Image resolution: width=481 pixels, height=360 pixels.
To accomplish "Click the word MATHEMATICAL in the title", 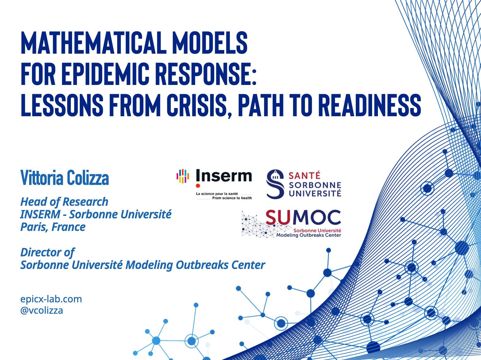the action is [94, 43].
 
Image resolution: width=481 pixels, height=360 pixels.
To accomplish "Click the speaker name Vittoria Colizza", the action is [65, 178].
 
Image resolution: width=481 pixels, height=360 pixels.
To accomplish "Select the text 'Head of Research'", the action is [64, 202].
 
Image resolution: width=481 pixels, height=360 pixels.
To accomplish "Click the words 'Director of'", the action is [48, 252].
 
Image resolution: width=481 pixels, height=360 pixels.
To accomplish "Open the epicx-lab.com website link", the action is [51, 299].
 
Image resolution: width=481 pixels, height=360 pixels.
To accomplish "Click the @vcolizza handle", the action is [42, 310].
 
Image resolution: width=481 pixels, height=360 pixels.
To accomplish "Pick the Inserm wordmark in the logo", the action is [224, 175].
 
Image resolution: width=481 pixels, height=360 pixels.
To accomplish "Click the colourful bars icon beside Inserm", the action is [183, 176].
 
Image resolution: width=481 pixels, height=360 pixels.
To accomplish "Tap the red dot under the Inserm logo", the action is [198, 186].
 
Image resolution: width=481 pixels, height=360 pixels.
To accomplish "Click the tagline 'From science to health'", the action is [232, 198].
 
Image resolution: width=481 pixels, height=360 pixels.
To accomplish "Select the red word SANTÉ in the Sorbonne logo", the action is [304, 175].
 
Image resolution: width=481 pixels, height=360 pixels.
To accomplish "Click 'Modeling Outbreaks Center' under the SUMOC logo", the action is [309, 235].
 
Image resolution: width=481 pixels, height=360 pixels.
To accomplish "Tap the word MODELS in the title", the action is [210, 43].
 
